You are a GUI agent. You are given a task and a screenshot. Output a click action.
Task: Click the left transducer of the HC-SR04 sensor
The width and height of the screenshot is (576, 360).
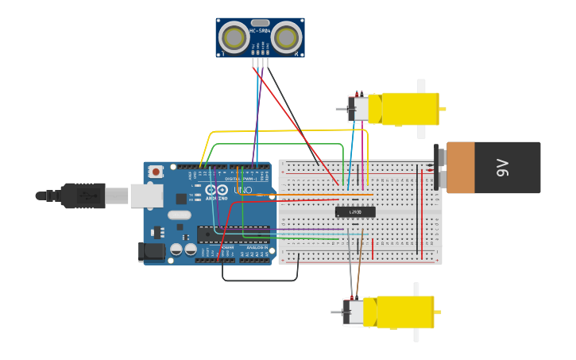click(x=234, y=37)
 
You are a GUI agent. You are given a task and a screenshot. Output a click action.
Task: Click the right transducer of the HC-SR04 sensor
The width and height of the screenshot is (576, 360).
click(x=286, y=37)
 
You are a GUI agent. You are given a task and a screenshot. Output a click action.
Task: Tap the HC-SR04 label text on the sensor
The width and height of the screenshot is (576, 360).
click(x=260, y=31)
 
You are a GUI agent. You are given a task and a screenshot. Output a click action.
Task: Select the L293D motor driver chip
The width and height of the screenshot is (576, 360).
click(x=354, y=212)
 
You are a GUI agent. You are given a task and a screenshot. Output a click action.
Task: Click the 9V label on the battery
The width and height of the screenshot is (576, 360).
click(x=502, y=168)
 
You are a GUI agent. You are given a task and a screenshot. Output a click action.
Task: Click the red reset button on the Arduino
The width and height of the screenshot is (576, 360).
click(x=156, y=171)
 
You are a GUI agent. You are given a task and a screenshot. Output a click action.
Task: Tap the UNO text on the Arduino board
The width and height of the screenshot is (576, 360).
click(x=242, y=190)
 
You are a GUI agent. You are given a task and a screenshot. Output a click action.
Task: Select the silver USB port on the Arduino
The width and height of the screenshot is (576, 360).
click(x=147, y=195)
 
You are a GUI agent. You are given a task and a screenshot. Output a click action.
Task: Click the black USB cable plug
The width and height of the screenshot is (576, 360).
click(x=83, y=195)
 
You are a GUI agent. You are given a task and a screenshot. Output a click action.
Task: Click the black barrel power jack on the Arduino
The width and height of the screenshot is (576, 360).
click(x=151, y=252)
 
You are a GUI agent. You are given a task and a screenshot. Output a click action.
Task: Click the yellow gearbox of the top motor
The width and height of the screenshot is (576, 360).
click(x=409, y=109)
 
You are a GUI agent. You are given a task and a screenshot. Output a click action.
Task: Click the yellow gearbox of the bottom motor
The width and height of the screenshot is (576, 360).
click(x=405, y=312)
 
